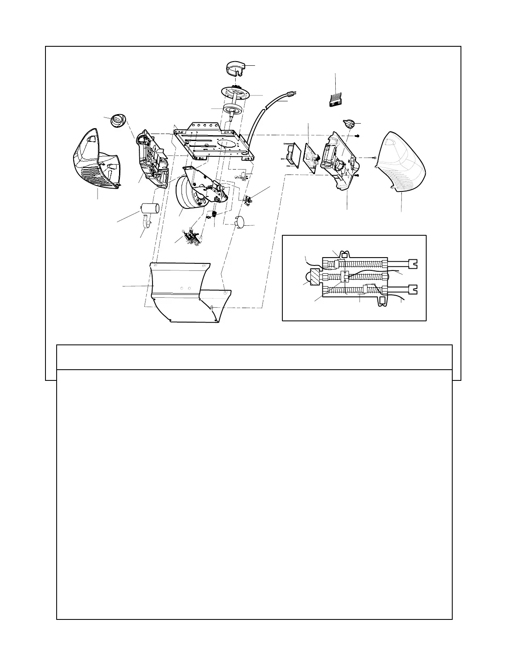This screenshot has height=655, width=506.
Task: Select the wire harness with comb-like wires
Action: tap(337, 100)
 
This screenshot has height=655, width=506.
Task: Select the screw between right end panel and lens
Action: tap(372, 158)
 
